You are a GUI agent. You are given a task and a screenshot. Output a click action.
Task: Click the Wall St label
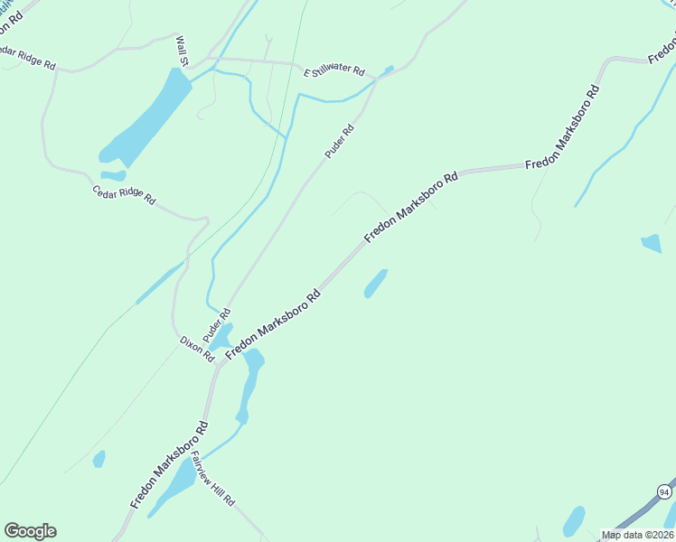pyautogui.click(x=182, y=51)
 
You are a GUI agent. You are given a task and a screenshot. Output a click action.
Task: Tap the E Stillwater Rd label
pyautogui.click(x=334, y=70)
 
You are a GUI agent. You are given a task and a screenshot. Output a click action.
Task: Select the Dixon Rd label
pyautogui.click(x=196, y=349)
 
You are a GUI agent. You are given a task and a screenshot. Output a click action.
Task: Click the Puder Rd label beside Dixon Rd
pyautogui.click(x=211, y=325)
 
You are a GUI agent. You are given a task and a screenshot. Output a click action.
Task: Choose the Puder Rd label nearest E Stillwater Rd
pyautogui.click(x=340, y=143)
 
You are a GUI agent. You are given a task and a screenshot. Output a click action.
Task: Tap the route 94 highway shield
pyautogui.click(x=664, y=491)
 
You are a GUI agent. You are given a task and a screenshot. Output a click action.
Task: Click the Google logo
pyautogui.click(x=30, y=531)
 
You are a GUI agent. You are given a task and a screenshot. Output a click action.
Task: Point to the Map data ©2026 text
pyautogui.click(x=637, y=535)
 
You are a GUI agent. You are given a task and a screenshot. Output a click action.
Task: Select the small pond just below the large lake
pyautogui.click(x=113, y=175)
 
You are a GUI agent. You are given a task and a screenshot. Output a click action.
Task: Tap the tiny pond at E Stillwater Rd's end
pyautogui.click(x=389, y=70)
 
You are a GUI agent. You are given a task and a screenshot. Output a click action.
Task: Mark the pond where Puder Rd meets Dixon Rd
pyautogui.click(x=221, y=337)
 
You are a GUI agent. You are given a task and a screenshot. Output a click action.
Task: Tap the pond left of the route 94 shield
pyautogui.click(x=574, y=521)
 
